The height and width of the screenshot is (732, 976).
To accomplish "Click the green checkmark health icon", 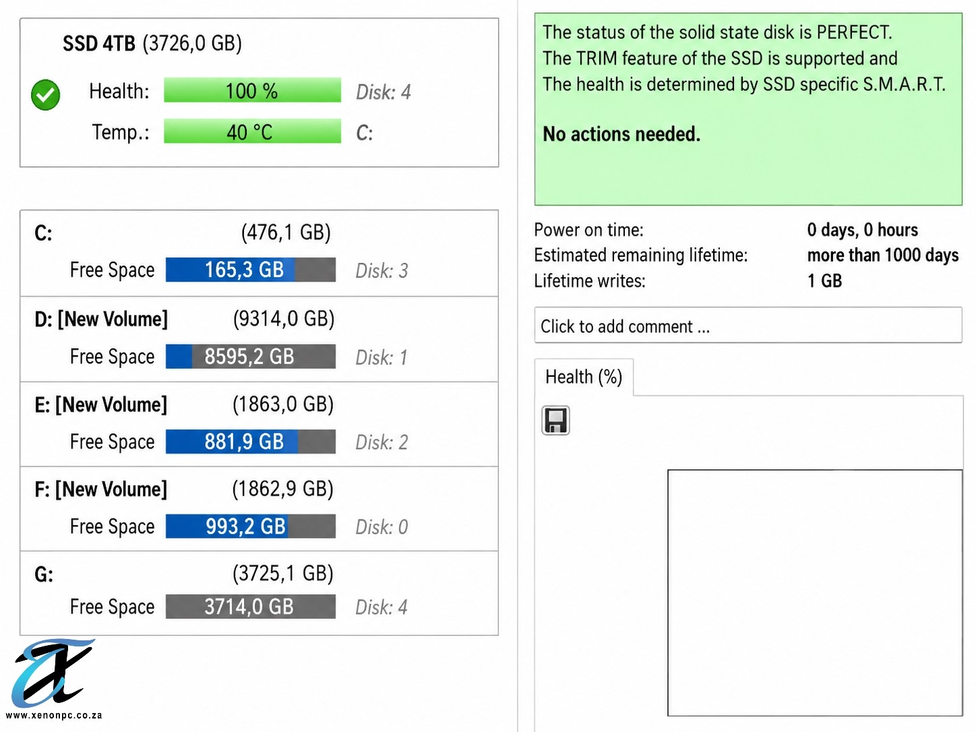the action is click(45, 94).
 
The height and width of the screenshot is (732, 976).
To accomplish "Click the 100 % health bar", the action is click(252, 90).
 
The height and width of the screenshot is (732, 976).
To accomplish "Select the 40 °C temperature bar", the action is click(252, 131).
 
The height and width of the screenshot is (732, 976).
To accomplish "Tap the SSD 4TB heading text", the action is click(98, 44).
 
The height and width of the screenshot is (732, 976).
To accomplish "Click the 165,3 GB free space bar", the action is click(250, 270).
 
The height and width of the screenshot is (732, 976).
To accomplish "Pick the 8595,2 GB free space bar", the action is click(250, 356).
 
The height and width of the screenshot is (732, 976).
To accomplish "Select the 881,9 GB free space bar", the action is click(250, 441).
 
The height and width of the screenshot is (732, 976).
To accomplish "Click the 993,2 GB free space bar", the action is click(250, 526).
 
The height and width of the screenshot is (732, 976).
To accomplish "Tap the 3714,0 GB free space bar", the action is click(250, 607).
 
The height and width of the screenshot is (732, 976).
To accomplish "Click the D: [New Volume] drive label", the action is click(101, 319).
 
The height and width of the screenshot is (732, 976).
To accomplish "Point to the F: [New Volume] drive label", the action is click(101, 489).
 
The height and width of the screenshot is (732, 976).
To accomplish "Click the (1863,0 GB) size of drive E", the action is click(283, 404).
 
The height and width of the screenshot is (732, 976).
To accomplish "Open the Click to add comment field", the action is click(748, 325).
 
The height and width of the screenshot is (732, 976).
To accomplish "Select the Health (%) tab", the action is click(584, 377).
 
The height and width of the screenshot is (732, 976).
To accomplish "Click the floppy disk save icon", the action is click(555, 421).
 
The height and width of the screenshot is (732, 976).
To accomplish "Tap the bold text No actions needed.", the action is click(621, 133).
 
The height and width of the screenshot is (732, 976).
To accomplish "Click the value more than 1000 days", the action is click(882, 255).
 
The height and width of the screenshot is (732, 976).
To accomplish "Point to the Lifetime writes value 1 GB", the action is click(824, 281).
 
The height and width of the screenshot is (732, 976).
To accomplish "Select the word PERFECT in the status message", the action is click(854, 32).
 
